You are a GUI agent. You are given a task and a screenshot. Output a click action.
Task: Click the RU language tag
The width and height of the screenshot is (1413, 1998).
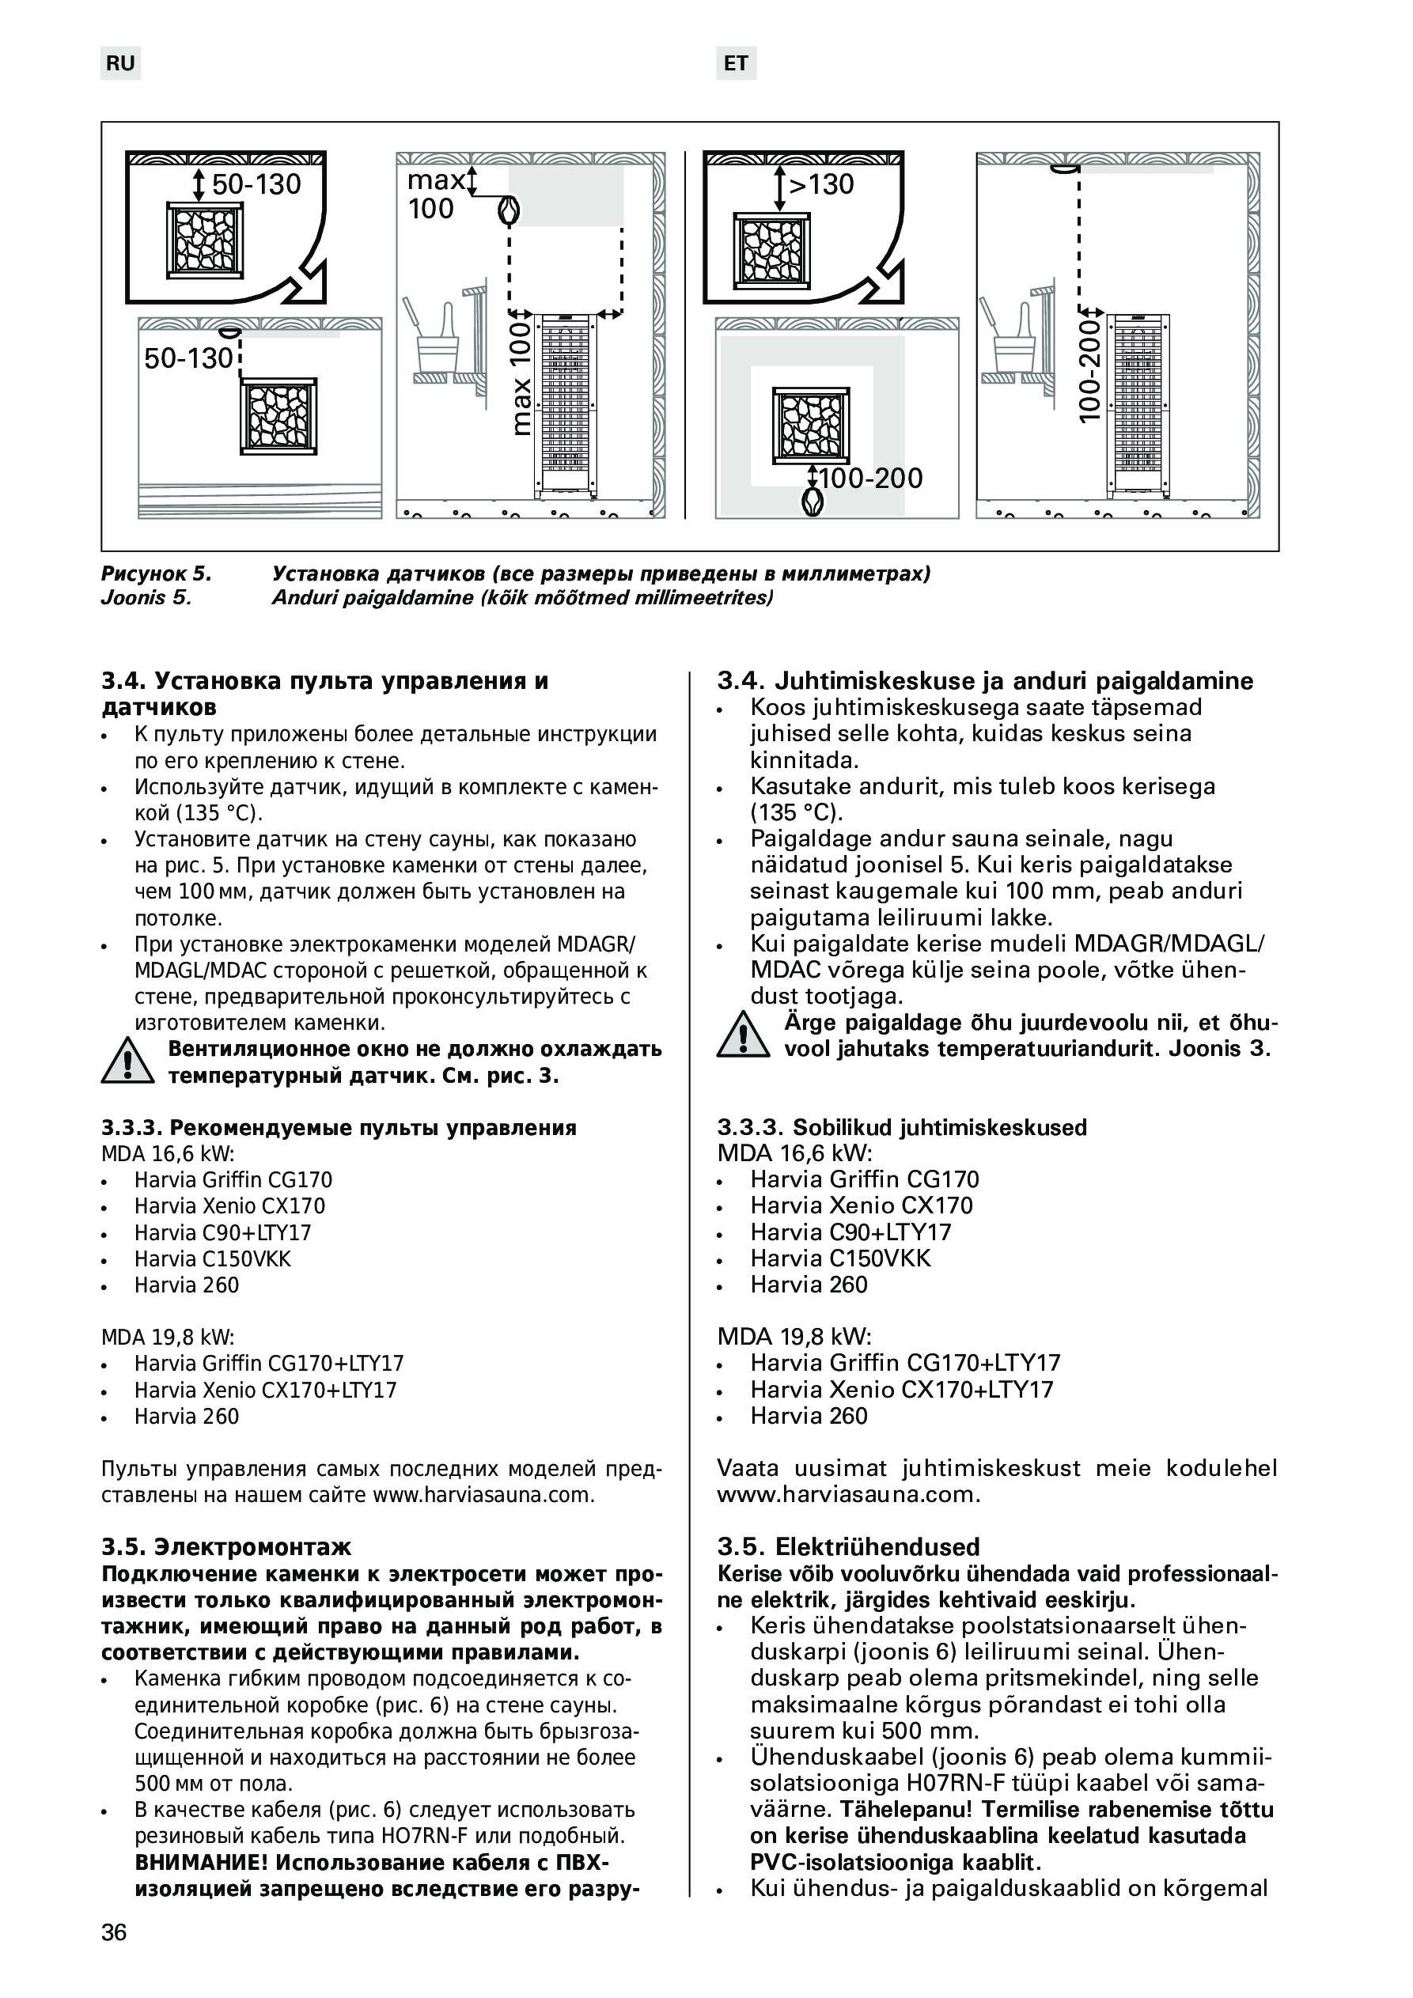pos(120,63)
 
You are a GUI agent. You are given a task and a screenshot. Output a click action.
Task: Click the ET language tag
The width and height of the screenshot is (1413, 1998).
pos(736,63)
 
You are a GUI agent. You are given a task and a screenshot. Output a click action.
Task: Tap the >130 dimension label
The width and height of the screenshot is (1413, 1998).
pos(821,184)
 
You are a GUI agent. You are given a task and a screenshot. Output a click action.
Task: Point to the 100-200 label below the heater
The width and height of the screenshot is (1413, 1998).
pos(870,478)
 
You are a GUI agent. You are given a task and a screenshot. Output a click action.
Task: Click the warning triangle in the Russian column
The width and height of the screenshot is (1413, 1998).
pos(127,1061)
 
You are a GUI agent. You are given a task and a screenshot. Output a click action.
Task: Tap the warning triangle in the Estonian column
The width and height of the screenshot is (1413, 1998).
pos(743,1035)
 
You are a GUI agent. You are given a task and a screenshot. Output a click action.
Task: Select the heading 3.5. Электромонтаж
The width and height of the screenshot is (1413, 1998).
pos(226,1546)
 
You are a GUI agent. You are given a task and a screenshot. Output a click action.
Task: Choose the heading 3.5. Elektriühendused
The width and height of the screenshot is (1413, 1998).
pos(848,1546)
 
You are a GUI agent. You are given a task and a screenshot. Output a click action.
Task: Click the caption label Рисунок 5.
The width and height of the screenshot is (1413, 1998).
pos(157,573)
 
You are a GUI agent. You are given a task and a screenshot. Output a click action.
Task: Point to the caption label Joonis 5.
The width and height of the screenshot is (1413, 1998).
pos(146,598)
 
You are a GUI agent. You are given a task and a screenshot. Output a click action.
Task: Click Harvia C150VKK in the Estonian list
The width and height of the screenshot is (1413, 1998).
pos(840,1258)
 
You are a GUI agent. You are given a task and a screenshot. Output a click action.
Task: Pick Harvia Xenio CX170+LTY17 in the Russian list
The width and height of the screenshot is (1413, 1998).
pos(265,1390)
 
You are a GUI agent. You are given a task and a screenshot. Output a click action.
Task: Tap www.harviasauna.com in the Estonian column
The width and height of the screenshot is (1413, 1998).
pos(848,1494)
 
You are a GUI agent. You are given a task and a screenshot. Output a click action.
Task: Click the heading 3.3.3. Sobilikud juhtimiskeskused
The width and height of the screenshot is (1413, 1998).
pos(902,1128)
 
